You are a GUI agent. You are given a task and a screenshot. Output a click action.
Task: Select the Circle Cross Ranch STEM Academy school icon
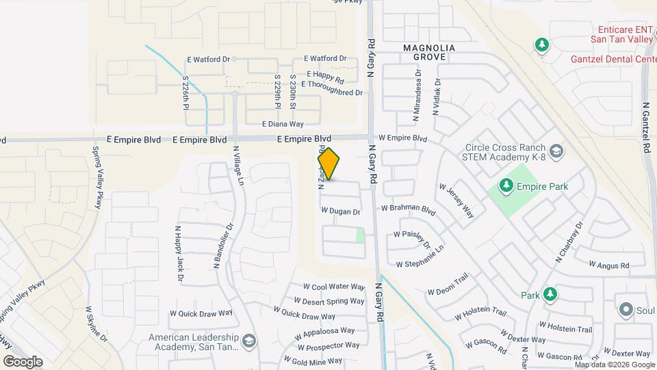[x=556, y=151]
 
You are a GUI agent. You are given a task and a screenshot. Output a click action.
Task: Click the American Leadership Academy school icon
[x=249, y=341]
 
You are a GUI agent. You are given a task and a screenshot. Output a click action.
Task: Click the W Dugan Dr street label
[x=340, y=212]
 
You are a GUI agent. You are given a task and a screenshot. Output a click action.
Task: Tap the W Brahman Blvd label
[x=409, y=208]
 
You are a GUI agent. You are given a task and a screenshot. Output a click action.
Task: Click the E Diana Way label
[x=283, y=124]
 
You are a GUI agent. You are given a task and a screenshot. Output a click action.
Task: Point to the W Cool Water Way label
[x=333, y=287]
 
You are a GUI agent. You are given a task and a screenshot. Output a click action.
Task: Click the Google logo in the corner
[x=23, y=361]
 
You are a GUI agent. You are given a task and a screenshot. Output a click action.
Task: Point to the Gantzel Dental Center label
[x=613, y=59]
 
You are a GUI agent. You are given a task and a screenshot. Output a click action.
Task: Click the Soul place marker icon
[x=626, y=310]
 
